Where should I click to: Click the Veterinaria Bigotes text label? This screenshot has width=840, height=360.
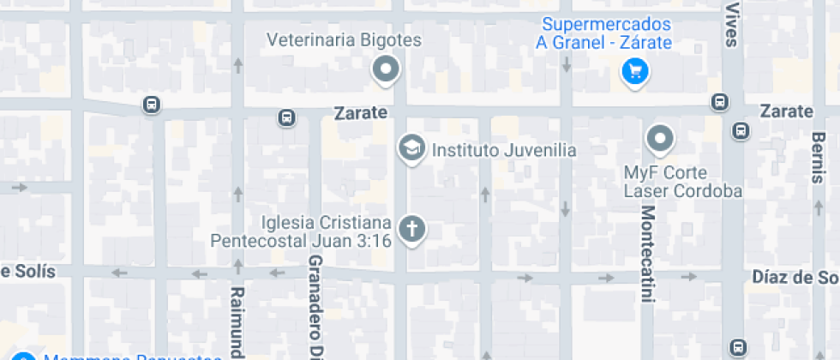pos(344,40)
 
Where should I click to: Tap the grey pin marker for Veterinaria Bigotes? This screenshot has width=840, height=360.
pos(387,69)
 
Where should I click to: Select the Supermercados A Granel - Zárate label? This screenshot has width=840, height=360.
pos(603,34)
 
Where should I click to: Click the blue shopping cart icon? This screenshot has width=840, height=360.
pos(634,71)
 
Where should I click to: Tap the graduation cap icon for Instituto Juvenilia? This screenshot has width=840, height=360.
pos(412,148)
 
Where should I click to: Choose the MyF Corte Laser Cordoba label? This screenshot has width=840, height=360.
pos(682,182)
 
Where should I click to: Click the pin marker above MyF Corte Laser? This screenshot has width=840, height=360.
pos(659,137)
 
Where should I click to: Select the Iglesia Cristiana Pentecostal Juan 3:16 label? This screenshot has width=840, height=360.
pos(302,231)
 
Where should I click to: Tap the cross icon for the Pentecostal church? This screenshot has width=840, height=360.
pos(412,229)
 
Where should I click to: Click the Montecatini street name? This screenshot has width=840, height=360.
pos(648,254)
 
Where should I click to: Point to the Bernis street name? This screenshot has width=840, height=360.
pos(818,158)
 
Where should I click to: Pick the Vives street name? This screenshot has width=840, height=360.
pos(731,22)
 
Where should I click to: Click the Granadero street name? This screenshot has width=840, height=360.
pos(315,305)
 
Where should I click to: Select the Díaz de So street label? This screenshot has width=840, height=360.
pos(795,277)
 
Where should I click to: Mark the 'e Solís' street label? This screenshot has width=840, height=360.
pos(27,272)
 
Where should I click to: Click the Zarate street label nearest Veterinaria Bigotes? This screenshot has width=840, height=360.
pos(361,112)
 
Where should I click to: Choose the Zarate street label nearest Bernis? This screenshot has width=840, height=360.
pos(786,111)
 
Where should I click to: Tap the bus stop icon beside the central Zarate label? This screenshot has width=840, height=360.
pos(287,117)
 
